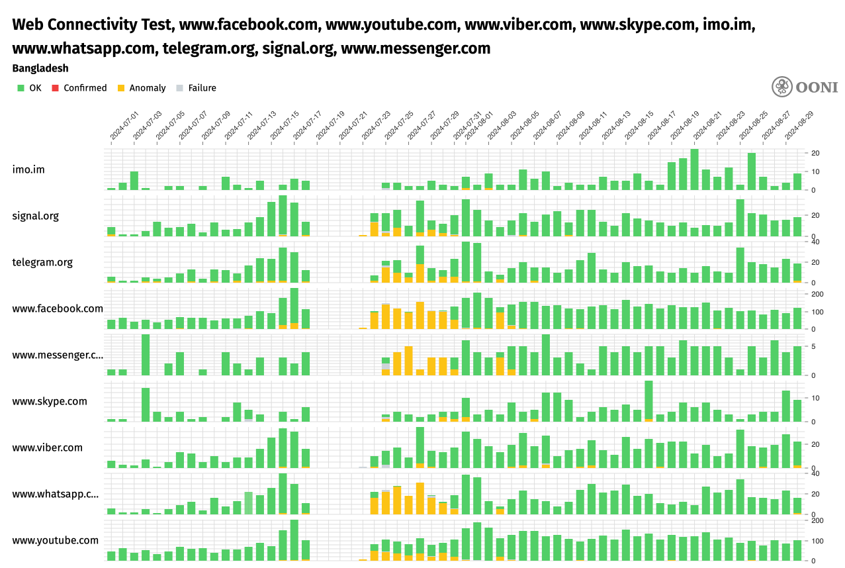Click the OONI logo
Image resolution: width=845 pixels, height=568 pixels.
coord(804,87)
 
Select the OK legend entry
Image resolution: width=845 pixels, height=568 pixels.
coord(30,88)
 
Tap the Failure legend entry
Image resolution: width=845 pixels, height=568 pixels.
coord(197,88)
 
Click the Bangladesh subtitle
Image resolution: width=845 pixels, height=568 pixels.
coord(40,68)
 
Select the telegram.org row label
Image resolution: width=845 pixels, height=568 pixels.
coord(42,262)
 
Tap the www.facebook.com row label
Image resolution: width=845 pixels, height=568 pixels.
coord(58,308)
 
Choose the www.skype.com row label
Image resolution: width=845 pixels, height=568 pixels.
coord(50,401)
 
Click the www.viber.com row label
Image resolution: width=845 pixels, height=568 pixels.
coord(48,448)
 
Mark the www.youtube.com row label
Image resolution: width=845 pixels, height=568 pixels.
coord(56,540)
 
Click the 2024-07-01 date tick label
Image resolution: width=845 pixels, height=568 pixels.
coord(124,125)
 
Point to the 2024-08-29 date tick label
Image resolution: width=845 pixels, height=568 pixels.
coord(799,125)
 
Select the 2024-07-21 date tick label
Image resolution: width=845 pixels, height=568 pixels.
coord(353,125)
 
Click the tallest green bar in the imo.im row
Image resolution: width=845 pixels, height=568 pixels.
coord(694,169)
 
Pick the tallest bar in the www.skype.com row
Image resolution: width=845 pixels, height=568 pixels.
coord(648,401)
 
